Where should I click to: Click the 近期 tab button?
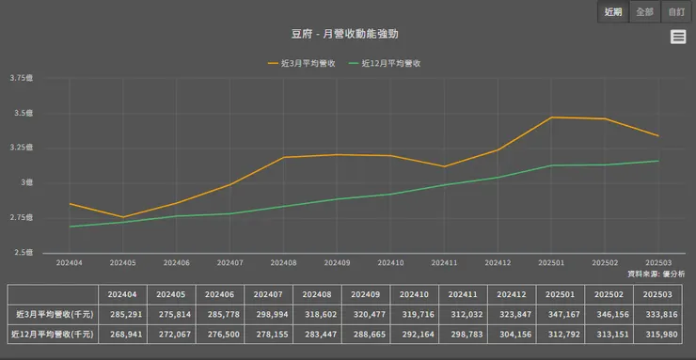point(613,12)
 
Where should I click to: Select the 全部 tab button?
point(644,12)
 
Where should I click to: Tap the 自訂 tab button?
point(675,12)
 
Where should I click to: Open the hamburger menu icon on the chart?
point(678,37)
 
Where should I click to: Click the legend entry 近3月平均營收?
point(302,63)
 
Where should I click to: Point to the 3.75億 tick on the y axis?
point(21,78)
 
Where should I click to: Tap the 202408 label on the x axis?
point(283,263)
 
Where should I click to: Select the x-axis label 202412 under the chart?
point(498,263)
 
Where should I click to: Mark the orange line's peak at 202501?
point(552,117)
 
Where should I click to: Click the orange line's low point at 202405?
point(122,217)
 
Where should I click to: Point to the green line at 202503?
point(658,161)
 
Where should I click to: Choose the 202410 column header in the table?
point(414,294)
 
